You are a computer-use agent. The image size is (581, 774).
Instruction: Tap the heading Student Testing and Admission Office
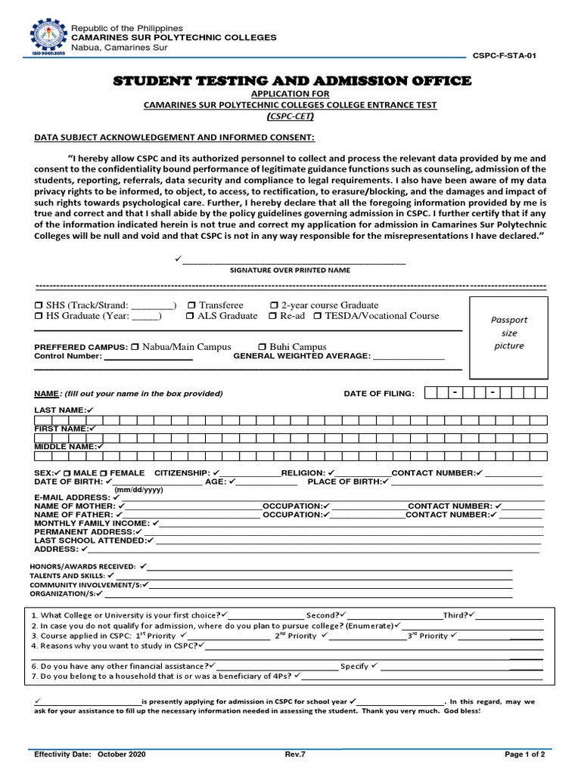coord(292,81)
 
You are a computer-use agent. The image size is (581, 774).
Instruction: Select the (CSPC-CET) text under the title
coord(290,117)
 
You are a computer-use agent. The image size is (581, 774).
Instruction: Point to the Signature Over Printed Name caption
coord(290,270)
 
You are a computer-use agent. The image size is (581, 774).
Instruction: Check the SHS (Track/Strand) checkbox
coord(39,305)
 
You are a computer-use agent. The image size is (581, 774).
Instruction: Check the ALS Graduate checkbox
coord(191,316)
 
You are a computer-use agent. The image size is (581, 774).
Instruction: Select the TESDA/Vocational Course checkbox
coord(318,316)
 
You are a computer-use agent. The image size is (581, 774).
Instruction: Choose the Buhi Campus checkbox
coord(263,347)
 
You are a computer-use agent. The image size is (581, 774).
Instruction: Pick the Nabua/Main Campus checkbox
coord(135,347)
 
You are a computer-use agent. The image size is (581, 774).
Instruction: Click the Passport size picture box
coord(508,337)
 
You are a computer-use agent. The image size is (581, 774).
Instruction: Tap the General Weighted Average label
coord(301,356)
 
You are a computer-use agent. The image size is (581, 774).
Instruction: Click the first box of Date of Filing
coord(430,393)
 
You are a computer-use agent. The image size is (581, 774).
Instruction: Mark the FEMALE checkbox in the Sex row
coord(104,473)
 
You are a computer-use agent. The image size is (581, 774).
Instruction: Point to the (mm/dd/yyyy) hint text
coord(138,490)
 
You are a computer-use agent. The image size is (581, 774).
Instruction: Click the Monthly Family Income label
coord(92,523)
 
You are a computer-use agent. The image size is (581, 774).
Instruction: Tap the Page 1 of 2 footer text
coord(524,754)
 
